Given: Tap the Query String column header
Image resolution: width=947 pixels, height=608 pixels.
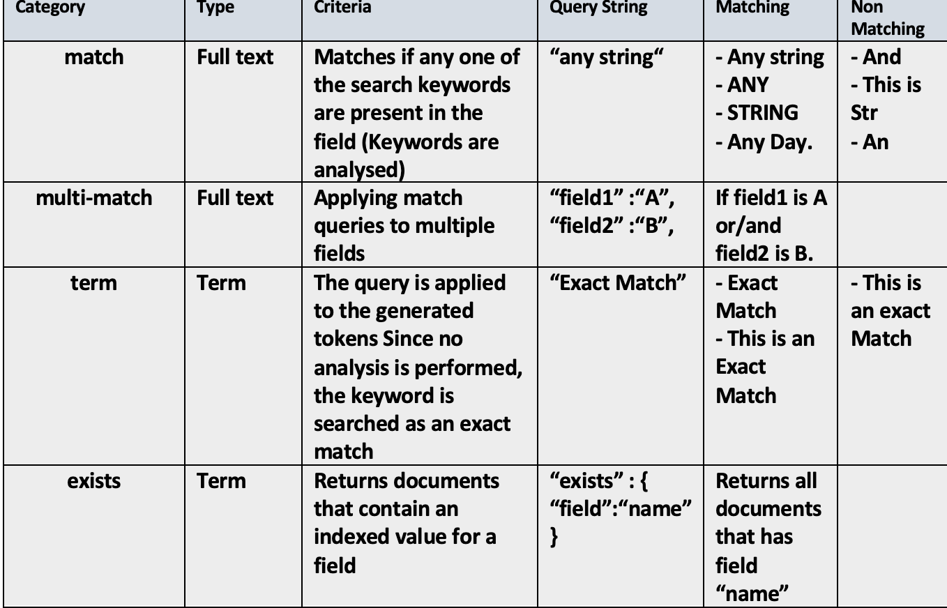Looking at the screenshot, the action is coord(599,8).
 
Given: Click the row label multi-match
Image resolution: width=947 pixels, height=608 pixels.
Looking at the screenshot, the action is coord(93,197).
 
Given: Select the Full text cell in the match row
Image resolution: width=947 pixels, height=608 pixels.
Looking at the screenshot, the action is coord(235,56).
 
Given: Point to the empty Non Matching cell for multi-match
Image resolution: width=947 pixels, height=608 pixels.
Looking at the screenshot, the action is coord(891,225).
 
